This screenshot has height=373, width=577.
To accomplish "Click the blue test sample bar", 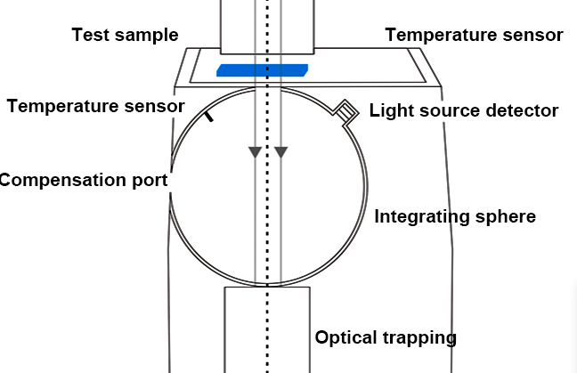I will (263, 69).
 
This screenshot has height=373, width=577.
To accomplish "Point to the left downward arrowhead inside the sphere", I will (256, 152).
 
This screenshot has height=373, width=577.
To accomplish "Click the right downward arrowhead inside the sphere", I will (281, 152).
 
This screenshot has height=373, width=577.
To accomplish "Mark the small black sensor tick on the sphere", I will (208, 116).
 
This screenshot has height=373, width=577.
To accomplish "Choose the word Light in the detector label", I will (389, 111).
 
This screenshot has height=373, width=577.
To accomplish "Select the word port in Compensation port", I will (150, 180).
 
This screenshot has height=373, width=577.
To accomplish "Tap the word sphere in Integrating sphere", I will (507, 217).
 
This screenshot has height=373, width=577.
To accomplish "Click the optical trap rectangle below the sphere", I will (267, 329).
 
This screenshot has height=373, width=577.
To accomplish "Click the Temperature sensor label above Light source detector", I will (474, 36).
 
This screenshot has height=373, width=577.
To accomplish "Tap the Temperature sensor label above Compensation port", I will (95, 107).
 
